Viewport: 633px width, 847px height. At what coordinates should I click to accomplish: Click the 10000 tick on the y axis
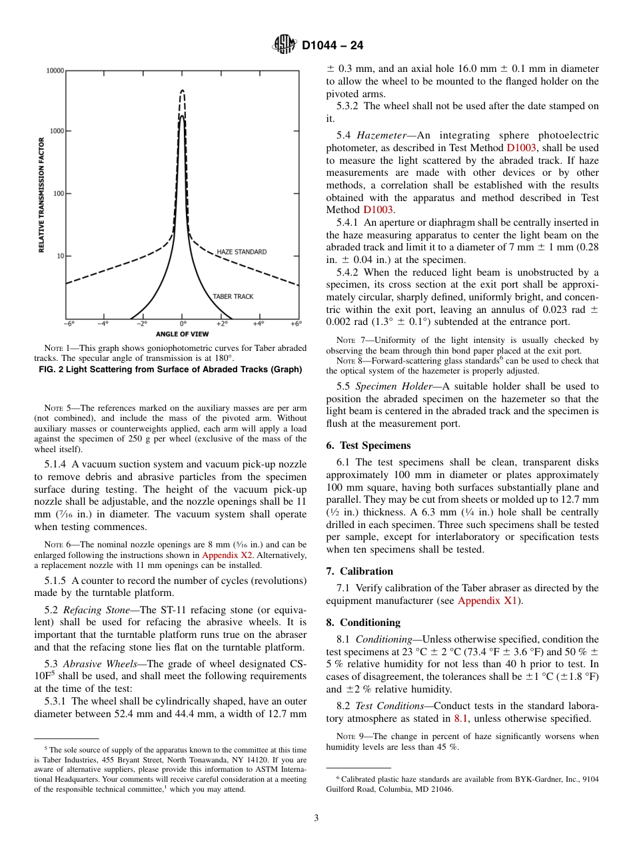pos(55,71)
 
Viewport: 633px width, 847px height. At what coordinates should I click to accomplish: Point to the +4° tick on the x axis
pos(259,324)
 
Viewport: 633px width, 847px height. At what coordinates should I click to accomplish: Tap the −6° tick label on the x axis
pos(69,324)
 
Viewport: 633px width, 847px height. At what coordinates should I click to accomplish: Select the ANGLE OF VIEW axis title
pos(182,334)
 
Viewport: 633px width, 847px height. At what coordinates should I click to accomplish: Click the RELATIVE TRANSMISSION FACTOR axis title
pos(41,194)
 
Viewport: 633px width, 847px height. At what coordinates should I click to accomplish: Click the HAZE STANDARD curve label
pos(241,252)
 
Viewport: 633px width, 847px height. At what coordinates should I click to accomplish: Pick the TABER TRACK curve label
pos(233,296)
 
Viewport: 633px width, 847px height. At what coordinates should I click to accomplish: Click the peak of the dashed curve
pos(183,91)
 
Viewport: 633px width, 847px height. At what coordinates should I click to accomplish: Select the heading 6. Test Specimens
pos(368,445)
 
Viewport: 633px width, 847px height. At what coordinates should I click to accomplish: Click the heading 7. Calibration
pos(360,571)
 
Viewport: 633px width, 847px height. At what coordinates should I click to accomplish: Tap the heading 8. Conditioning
pos(363,623)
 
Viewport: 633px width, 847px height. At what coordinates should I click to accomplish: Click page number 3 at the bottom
pos(316,818)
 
